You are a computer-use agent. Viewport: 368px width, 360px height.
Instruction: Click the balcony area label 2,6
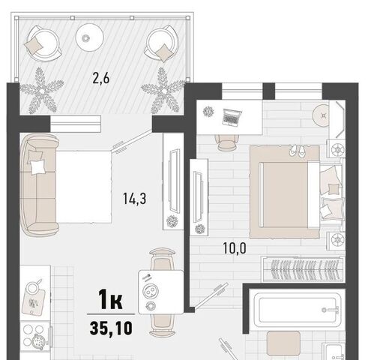[x=101, y=79]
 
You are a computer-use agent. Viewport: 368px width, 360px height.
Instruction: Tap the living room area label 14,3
[x=134, y=199]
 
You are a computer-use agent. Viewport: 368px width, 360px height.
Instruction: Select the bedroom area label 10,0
[x=235, y=248]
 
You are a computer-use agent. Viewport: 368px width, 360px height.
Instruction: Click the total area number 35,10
[x=111, y=328]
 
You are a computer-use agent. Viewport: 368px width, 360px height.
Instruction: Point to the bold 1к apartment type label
[x=110, y=298]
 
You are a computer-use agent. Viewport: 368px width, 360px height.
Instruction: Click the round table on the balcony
[x=90, y=37]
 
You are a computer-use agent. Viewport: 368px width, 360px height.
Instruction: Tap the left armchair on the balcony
[x=43, y=43]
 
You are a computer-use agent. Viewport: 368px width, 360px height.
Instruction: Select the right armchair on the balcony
[x=162, y=43]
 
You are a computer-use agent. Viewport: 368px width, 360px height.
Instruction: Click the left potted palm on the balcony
[x=42, y=91]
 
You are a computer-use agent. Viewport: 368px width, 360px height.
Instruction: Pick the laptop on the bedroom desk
[x=232, y=117]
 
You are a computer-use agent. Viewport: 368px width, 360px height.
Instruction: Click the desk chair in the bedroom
[x=227, y=142]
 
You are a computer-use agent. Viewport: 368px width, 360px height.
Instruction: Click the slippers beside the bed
[x=298, y=151]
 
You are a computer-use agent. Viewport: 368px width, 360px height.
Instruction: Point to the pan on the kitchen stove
[x=38, y=342]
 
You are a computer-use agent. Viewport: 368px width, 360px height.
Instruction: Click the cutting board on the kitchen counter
[x=33, y=301]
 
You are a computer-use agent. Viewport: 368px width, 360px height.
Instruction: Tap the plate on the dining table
[x=150, y=291]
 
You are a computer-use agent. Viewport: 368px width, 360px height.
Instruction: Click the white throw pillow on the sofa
[x=37, y=166]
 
